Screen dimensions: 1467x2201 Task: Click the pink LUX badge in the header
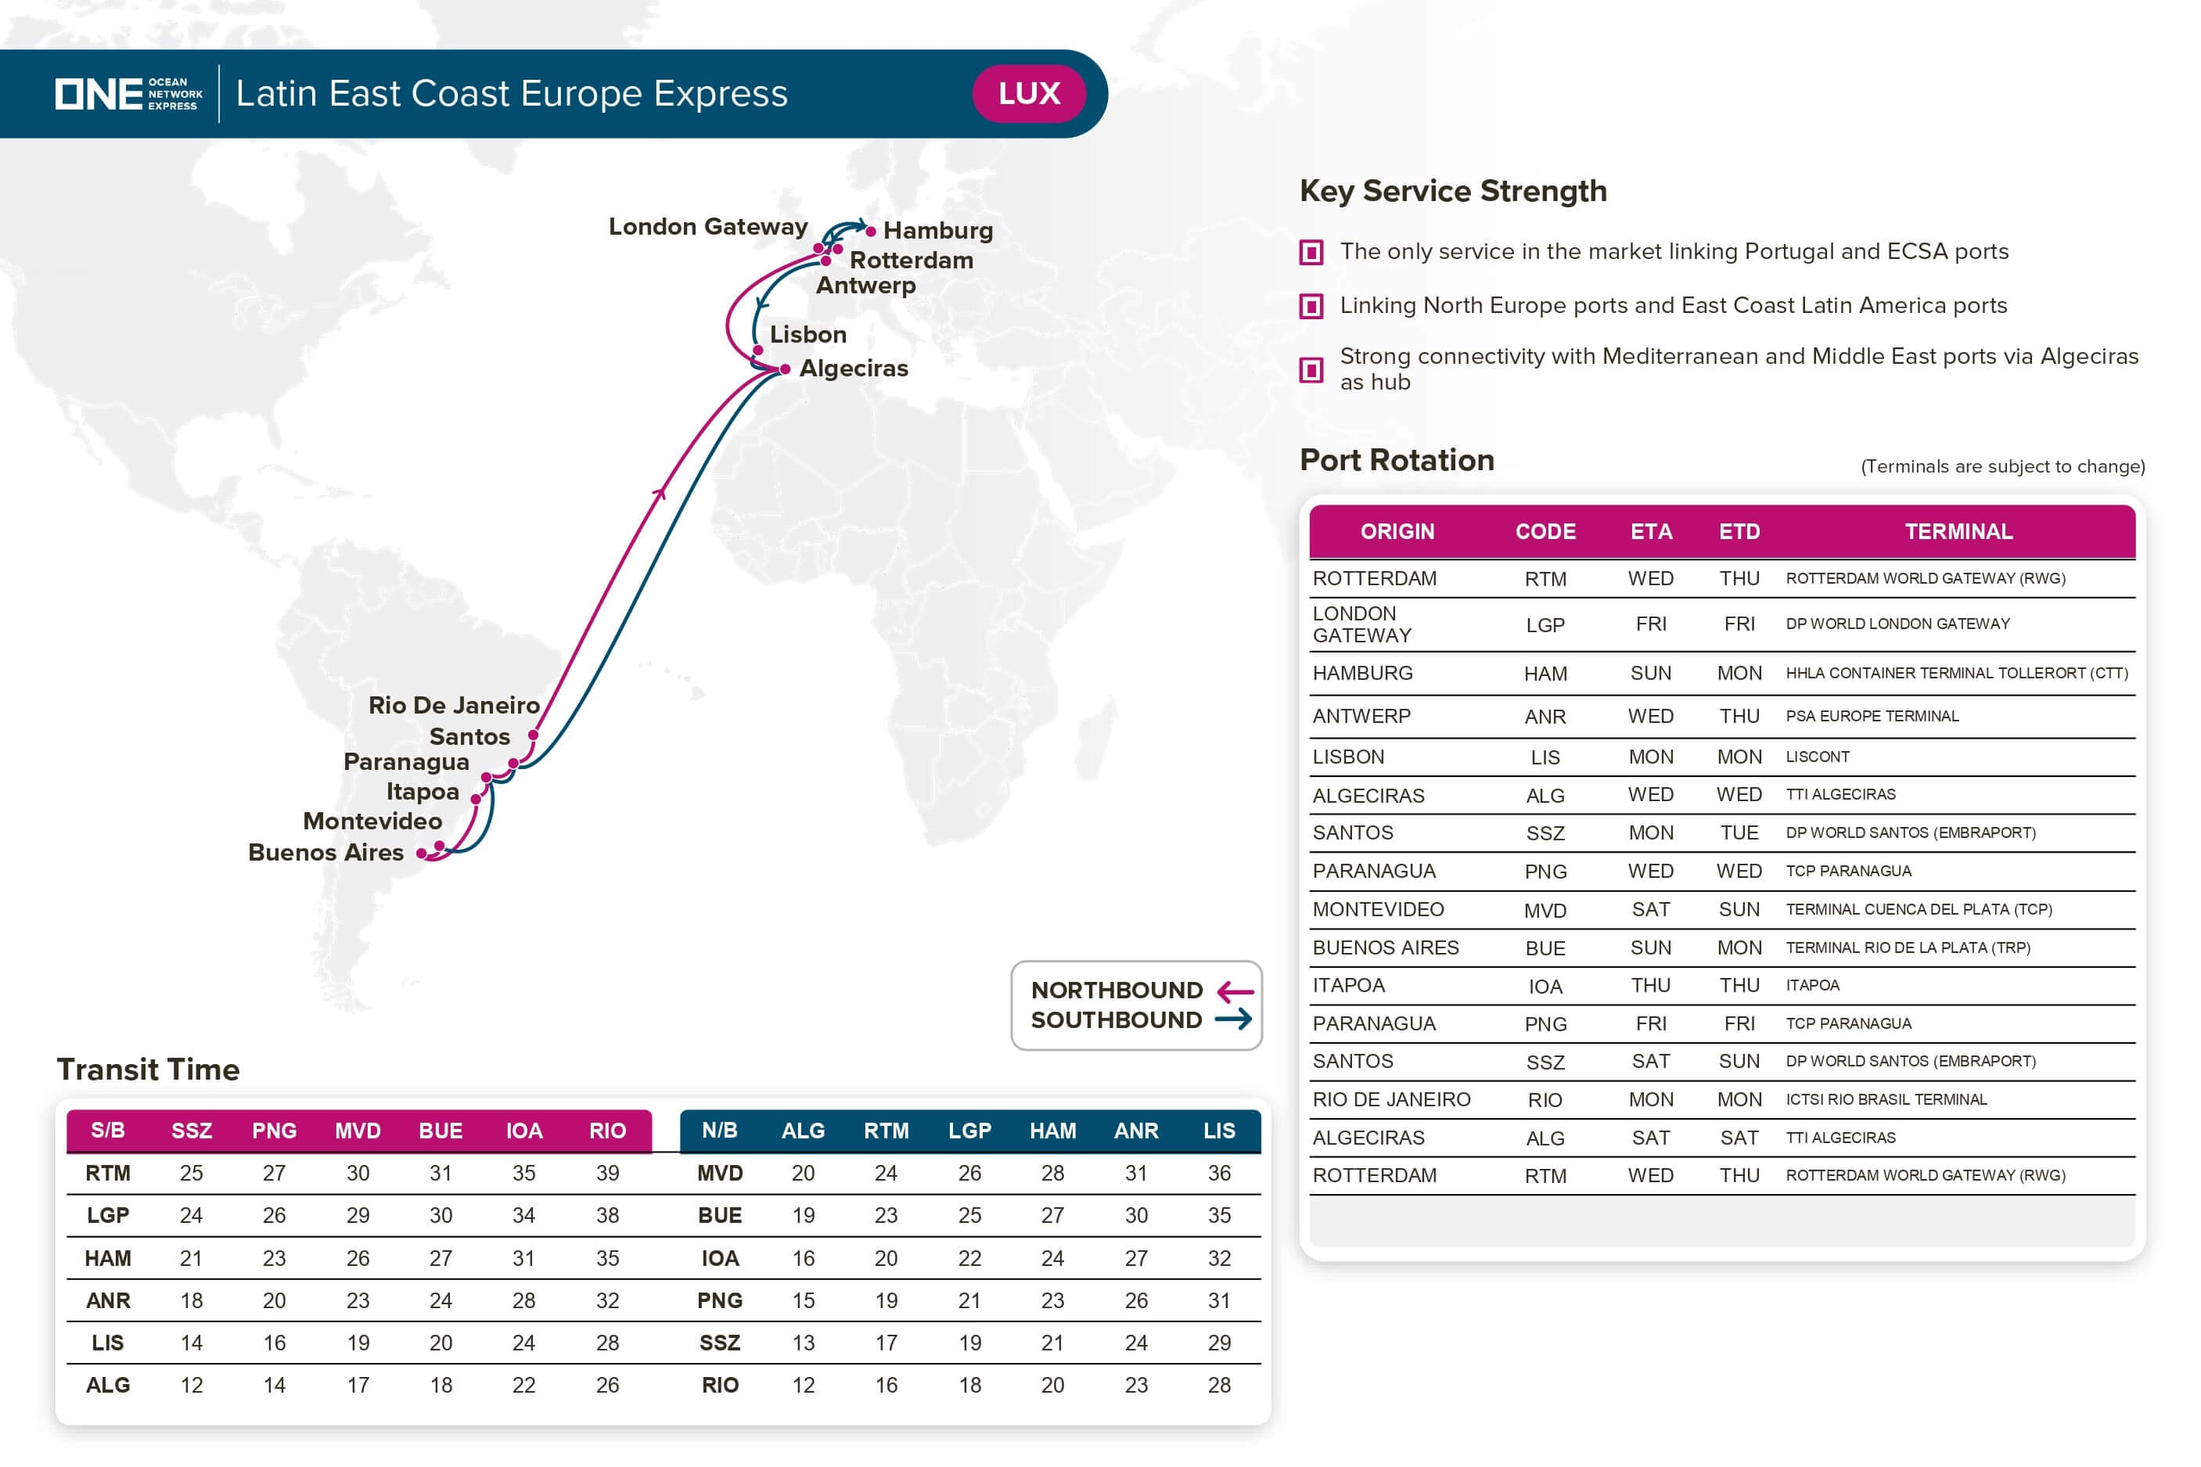coord(1028,94)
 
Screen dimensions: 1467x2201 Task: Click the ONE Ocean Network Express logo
coord(128,94)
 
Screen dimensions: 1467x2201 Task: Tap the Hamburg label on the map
coord(937,230)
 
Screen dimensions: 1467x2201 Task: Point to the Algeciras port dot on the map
coord(785,369)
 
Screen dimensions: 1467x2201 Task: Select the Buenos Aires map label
coord(325,852)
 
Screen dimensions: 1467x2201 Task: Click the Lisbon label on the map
coord(807,334)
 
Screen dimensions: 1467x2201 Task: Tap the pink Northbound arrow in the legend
coord(1235,991)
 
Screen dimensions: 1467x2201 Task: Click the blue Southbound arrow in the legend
coord(1233,1019)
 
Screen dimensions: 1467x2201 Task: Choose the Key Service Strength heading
coord(1453,191)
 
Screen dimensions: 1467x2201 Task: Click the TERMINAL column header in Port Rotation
coord(1958,531)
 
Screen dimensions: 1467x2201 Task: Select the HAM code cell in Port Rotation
coord(1545,674)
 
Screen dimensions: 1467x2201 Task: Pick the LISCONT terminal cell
coord(1817,757)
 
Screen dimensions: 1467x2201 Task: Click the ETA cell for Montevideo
coord(1650,909)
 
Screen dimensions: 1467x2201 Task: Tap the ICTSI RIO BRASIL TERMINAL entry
coord(1885,1099)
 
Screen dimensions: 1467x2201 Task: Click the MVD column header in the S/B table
coord(358,1131)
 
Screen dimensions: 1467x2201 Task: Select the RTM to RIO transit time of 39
coord(607,1174)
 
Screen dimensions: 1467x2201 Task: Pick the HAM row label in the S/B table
coord(107,1258)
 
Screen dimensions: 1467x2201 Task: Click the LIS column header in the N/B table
coord(1218,1131)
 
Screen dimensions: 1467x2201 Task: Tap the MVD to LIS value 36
coord(1218,1174)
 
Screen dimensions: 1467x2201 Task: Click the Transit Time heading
coord(148,1070)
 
